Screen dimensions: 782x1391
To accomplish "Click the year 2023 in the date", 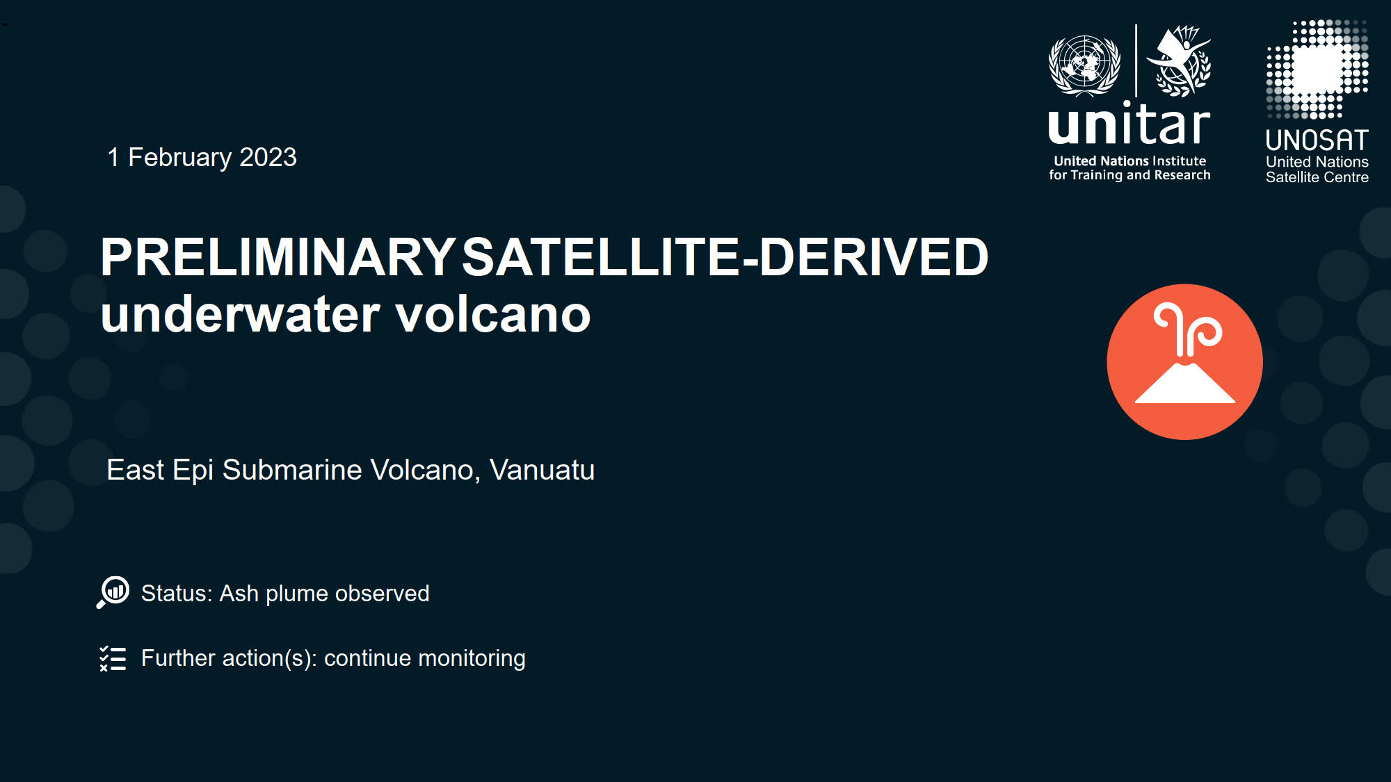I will pos(268,157).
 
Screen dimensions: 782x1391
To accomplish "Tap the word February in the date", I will pos(179,158).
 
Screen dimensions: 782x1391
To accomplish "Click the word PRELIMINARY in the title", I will pos(278,257).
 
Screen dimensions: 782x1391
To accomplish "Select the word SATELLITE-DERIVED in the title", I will pos(725,257).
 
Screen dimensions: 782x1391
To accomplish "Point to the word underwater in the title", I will pos(240,315).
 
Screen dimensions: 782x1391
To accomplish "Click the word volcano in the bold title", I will pos(493,315).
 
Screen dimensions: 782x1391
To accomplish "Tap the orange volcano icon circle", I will pos(1184,361).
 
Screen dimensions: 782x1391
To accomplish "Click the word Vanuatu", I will pos(542,470).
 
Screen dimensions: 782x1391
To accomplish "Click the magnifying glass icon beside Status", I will pos(113,592).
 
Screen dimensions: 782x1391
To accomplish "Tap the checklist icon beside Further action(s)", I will pos(113,658).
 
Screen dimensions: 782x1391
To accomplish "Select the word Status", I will pos(175,594).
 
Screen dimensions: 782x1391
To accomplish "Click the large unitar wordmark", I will pos(1129,124).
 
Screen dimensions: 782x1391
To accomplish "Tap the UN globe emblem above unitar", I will pos(1084,65).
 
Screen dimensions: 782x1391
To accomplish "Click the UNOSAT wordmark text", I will pos(1317,140).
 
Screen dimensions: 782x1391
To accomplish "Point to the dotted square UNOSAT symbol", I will pos(1317,69).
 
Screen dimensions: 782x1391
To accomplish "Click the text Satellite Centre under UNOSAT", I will pos(1317,177).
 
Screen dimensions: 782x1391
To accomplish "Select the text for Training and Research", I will pos(1129,175).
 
